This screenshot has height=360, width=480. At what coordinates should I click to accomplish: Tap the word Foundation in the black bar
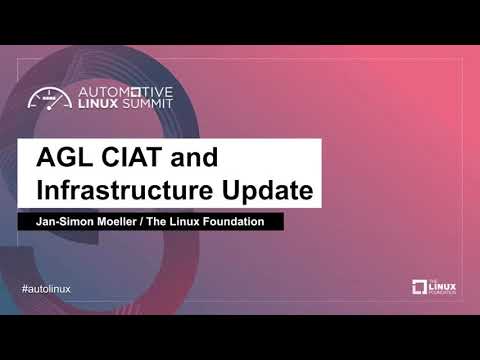tap(234, 221)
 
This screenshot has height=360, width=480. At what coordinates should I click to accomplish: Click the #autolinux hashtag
tap(46, 288)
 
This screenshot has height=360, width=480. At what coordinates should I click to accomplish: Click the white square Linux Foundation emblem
tap(419, 288)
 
